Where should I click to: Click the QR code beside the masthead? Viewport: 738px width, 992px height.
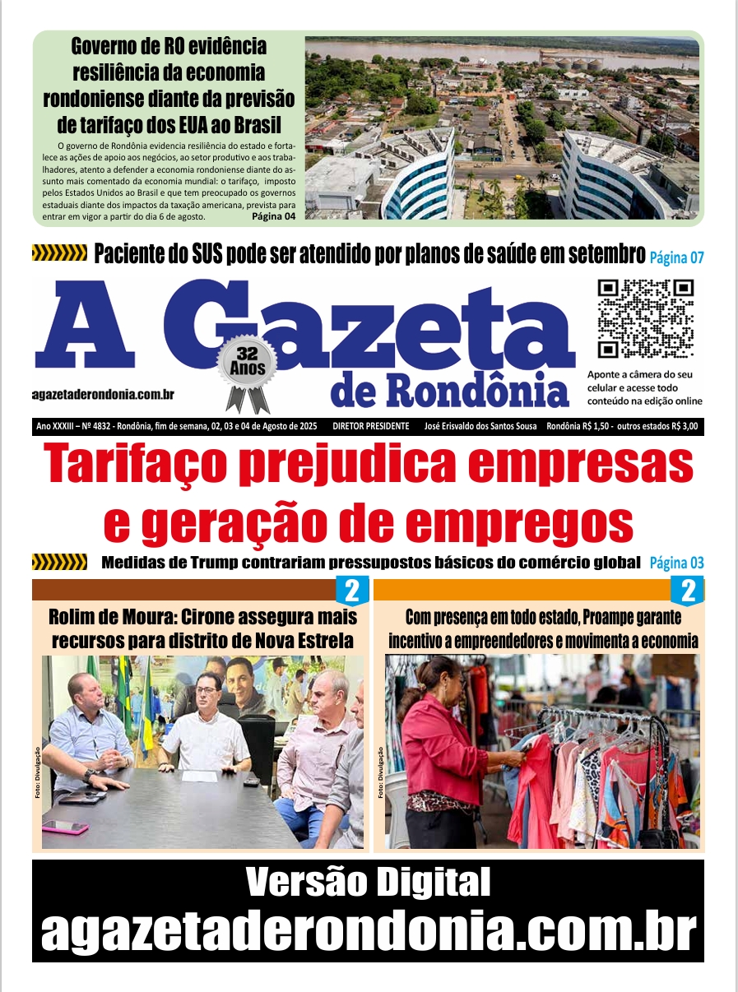[x=646, y=319]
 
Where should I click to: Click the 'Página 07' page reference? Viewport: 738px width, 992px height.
[x=676, y=257]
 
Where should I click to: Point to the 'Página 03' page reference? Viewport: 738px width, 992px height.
[x=676, y=563]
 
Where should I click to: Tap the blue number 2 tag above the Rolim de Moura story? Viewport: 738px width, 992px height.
[x=350, y=591]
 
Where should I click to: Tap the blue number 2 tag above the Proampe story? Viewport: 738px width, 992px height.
[x=688, y=591]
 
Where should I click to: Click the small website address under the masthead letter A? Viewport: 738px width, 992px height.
[x=102, y=395]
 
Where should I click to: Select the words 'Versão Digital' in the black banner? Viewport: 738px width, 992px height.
[x=368, y=883]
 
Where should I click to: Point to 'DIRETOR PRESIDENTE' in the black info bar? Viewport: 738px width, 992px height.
[x=370, y=426]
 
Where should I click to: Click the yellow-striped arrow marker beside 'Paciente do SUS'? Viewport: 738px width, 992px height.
[x=58, y=253]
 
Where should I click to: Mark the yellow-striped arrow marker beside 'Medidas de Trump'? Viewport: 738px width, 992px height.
[x=58, y=563]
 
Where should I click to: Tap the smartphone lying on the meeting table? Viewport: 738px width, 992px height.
[x=66, y=827]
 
